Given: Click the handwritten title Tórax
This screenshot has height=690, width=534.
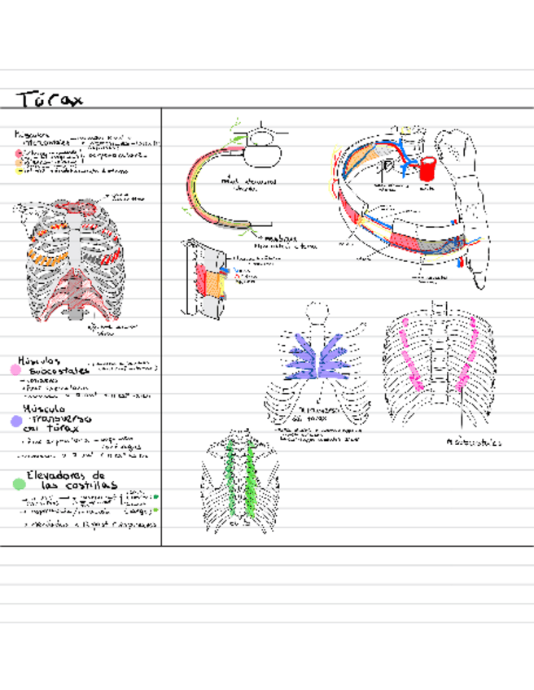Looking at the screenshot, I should [x=50, y=99].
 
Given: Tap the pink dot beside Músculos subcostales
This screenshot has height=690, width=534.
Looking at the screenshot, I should [x=14, y=369].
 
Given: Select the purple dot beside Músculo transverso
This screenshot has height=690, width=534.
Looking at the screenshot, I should [x=15, y=421].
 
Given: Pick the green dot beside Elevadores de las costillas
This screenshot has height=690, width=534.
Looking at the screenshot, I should [x=18, y=483].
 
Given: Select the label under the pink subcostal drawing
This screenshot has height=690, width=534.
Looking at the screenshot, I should [x=473, y=443].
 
